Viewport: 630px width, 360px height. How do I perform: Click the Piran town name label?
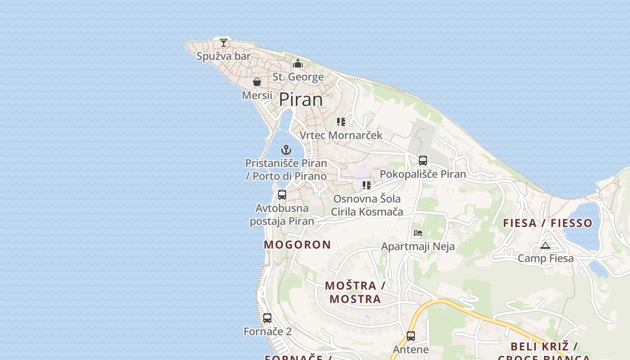click(301, 99)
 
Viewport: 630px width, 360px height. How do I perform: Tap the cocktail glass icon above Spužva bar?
click(224, 43)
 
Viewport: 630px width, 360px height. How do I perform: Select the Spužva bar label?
click(224, 56)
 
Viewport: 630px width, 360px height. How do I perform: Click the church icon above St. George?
click(298, 64)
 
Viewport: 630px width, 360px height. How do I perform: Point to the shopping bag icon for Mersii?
click(257, 82)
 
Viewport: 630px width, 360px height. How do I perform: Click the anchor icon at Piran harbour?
click(286, 150)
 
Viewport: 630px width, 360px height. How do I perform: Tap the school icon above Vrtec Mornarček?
click(341, 122)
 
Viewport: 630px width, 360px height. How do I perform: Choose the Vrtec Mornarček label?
click(341, 135)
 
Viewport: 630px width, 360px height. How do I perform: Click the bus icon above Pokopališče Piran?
click(423, 161)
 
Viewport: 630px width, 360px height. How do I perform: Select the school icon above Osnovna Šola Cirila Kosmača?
click(367, 185)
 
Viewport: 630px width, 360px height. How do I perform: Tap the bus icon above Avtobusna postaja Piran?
click(282, 195)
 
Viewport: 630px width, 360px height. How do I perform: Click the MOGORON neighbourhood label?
click(297, 245)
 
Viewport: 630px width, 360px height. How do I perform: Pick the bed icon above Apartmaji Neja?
click(418, 233)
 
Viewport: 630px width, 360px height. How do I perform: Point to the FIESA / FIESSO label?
click(548, 223)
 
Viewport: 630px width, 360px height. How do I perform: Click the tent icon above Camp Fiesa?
click(545, 245)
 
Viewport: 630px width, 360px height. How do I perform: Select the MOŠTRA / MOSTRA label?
click(355, 292)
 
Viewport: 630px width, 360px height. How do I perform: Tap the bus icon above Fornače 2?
click(267, 318)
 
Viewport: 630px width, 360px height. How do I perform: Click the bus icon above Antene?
click(411, 336)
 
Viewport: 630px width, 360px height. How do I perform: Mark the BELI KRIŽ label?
click(544, 347)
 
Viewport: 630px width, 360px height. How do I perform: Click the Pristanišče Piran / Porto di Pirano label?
click(286, 169)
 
